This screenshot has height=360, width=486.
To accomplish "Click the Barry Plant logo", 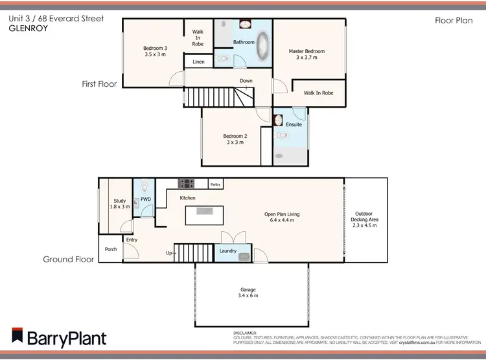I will (x=58, y=337).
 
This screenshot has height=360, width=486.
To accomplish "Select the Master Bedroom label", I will (x=307, y=51).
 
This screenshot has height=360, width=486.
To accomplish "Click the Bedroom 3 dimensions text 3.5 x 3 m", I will (x=156, y=55).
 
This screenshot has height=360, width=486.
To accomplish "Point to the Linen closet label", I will (x=198, y=62).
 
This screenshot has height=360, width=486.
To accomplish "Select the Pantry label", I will (x=216, y=185).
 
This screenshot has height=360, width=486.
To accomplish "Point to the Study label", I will (x=119, y=201).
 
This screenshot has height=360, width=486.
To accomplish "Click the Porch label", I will (x=110, y=249).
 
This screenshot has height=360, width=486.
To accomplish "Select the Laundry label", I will (x=228, y=251).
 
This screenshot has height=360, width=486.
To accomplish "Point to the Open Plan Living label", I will (x=282, y=214).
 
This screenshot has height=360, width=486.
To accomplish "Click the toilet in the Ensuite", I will (x=283, y=136).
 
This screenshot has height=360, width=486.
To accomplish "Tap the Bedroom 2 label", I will (x=235, y=135).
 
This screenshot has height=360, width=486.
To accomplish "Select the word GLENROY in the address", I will (x=25, y=29).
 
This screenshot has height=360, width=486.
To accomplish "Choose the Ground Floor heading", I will (x=69, y=259).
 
